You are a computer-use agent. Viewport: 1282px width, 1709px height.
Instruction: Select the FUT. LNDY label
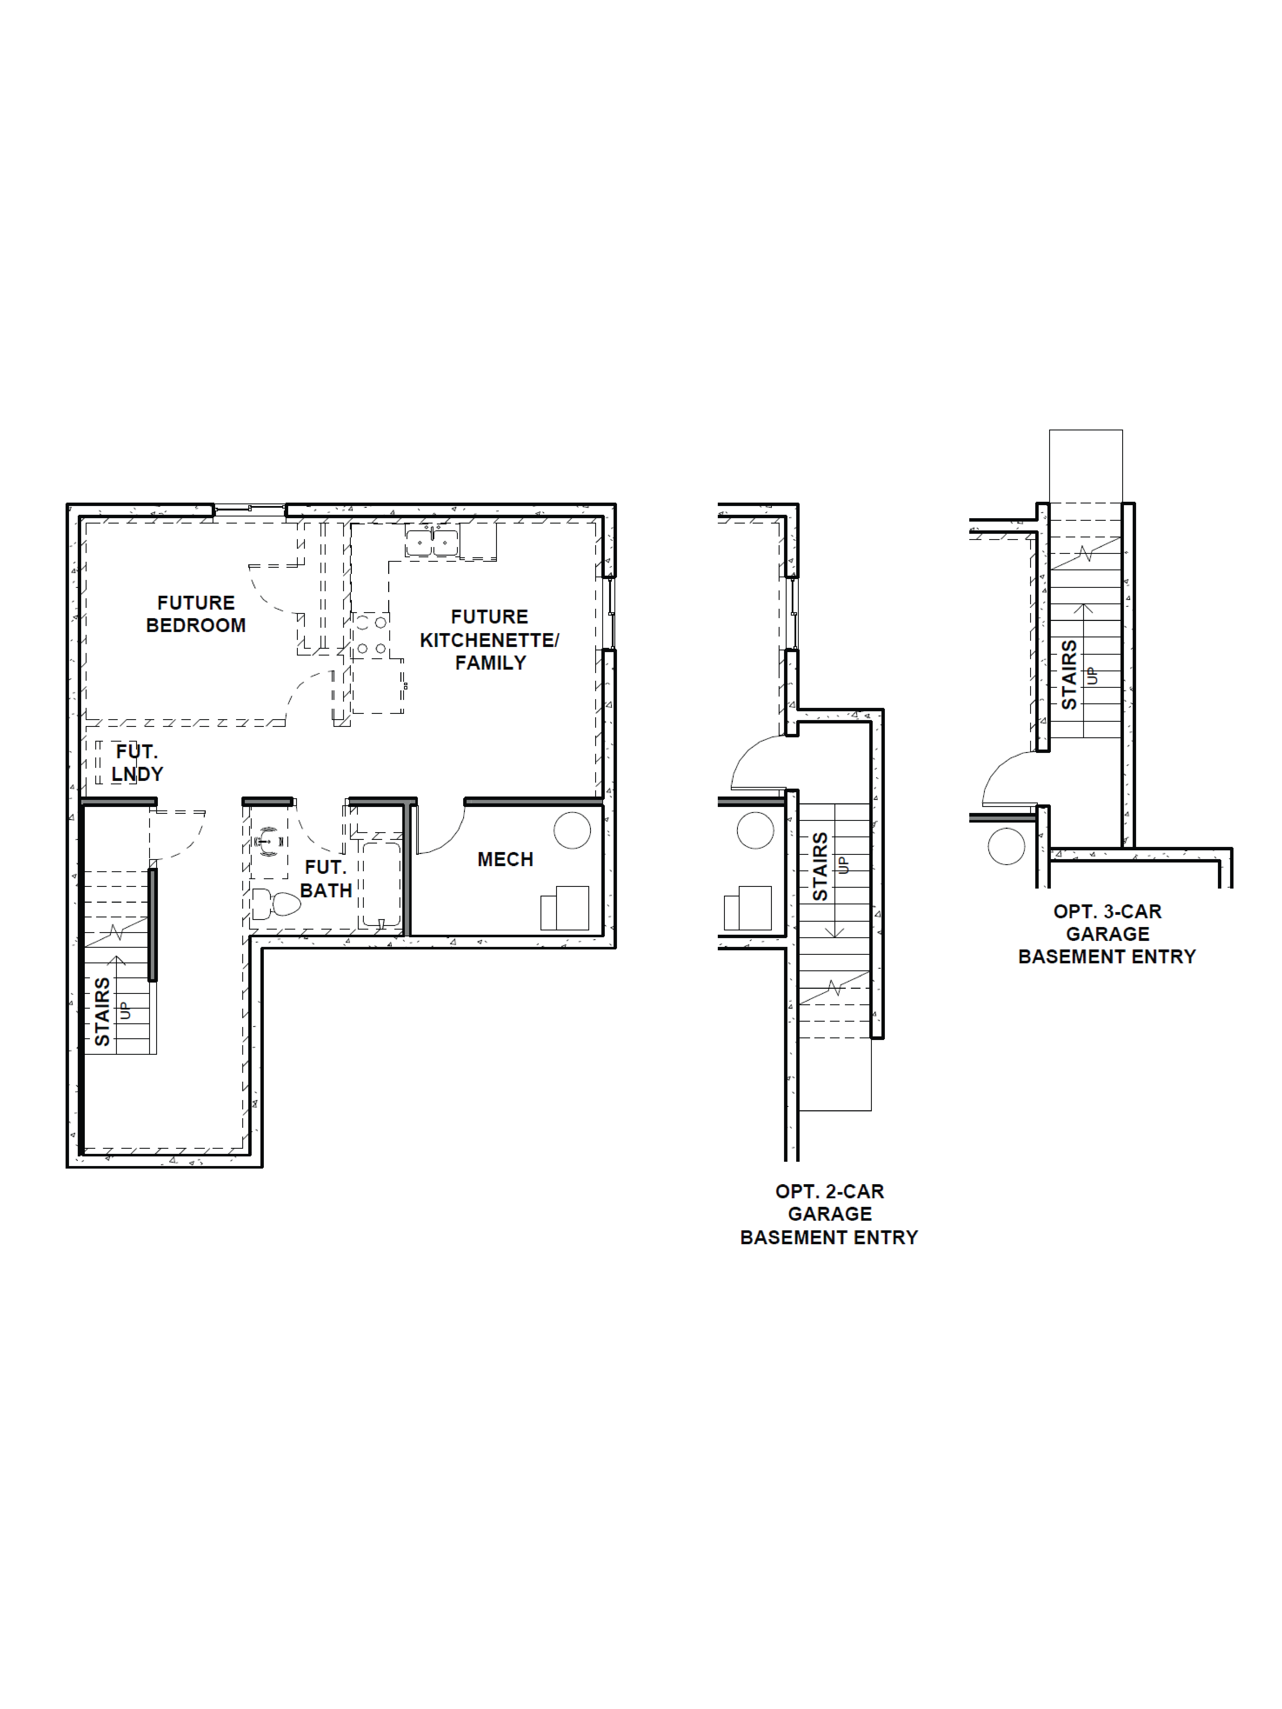point(137,763)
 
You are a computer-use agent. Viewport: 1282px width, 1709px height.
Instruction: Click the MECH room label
point(505,859)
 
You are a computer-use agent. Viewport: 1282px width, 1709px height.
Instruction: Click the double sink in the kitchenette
point(432,542)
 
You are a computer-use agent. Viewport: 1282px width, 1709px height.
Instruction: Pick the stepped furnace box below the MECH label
point(565,909)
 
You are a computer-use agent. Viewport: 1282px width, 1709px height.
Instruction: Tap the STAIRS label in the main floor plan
point(102,1012)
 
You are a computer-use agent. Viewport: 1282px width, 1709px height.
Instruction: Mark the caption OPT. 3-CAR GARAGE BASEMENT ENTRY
point(1107,934)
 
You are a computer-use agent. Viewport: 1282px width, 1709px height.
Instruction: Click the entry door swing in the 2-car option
point(757,763)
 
